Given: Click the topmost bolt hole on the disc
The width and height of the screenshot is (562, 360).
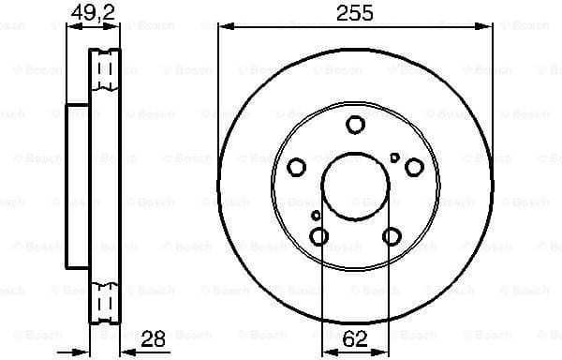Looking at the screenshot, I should coord(355,125).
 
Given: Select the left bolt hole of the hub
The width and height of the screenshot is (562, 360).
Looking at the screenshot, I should coord(297,168).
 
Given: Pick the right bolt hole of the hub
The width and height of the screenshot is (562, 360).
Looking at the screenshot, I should coord(413,167).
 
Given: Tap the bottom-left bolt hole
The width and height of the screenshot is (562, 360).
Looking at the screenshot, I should coord(319,235).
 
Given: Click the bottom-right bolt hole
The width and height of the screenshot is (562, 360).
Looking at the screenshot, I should coord(391,235).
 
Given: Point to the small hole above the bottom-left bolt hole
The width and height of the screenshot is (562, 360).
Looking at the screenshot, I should coord(316,216).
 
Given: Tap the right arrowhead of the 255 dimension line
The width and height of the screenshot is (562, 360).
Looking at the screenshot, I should coord(488,27).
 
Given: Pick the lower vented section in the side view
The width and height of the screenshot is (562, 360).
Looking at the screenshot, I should coord(107,302).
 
